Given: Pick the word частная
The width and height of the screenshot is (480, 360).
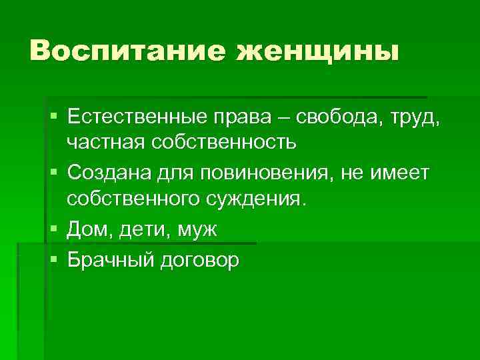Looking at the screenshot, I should pos(109,143).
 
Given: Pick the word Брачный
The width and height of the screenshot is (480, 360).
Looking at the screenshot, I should pos(111,259).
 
